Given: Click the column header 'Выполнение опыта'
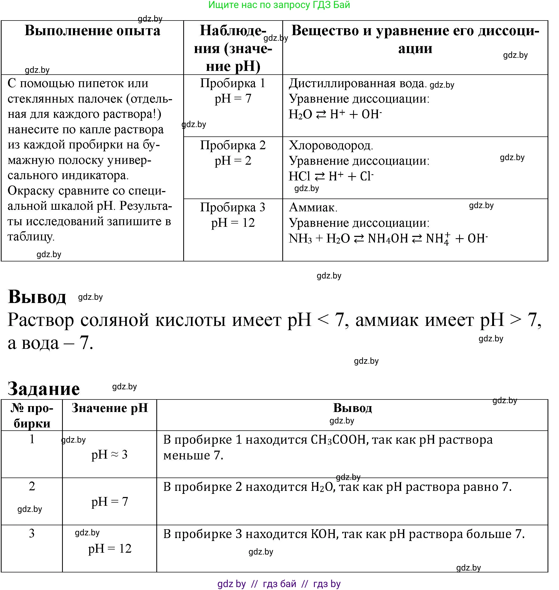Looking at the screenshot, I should pos(92,31).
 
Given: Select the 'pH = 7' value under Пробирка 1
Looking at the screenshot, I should pos(233,99).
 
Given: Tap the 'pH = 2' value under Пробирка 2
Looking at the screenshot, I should pos(233,161).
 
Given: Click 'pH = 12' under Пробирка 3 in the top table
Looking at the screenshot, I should pos(233,223).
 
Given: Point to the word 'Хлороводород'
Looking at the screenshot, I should pos(330,146).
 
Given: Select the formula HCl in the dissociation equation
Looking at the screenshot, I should pos(299,176).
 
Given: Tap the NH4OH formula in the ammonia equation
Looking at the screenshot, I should pos(388,239).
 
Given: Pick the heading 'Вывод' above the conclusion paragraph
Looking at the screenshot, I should pos(37,297).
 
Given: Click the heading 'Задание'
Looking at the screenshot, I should pos(43,389).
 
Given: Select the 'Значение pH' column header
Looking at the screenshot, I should pos(110,408).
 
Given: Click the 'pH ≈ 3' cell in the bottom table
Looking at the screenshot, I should pos(109,455).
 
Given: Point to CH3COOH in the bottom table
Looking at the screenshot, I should pos(338,440).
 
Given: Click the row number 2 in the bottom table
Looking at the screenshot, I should pos(32,487).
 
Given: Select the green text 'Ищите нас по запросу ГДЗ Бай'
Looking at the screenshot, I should pos(279,5).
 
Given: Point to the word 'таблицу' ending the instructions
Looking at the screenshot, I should pos(30,237).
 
